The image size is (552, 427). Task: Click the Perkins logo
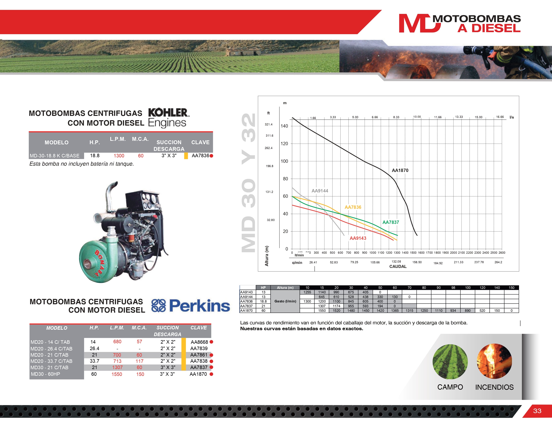pos(191,306)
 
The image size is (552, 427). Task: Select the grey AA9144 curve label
pos(320,191)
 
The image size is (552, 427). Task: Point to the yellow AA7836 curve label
pos(353,207)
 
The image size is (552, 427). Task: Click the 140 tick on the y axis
pos(284,126)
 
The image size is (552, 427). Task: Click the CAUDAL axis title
pos(398,266)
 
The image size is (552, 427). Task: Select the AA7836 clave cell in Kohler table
pos(200,156)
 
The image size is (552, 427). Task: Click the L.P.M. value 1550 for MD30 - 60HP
pos(117,374)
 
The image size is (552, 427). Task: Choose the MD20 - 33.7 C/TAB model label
pos(51,361)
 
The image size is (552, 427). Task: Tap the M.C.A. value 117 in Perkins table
pos(140,361)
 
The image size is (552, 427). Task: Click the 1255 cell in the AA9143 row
pos(307,292)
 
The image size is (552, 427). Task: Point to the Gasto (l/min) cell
pos(285,301)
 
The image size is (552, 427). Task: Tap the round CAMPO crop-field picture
pos(450,362)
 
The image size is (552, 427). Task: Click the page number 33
pos(537,411)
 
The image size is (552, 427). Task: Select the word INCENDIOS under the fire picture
pos(494,387)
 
